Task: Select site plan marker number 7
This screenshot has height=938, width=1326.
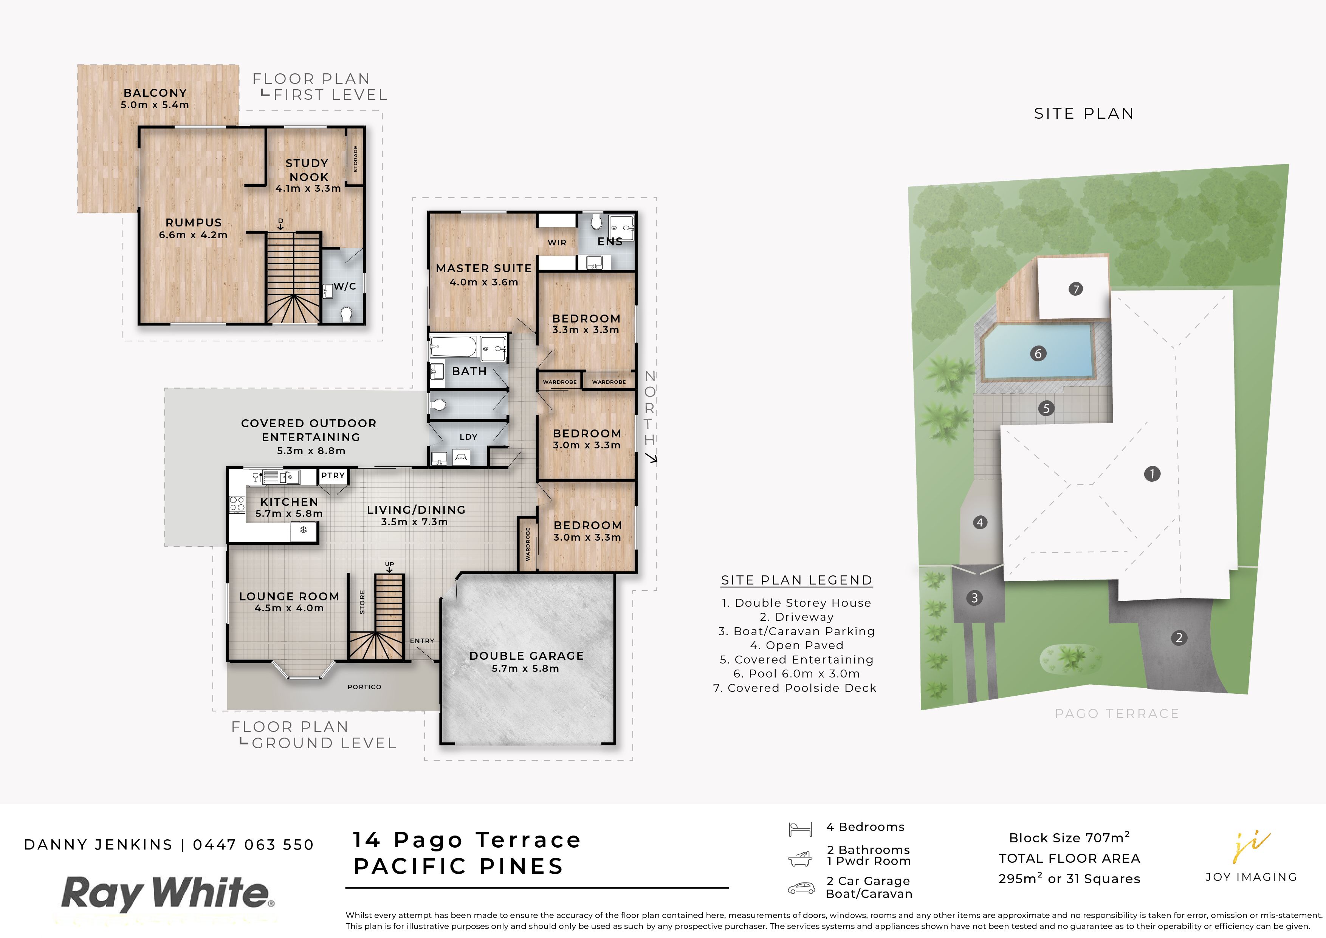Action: point(1075,289)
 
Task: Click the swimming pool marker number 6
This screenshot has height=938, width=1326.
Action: point(1038,353)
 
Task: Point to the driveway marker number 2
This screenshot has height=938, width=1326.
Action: point(1179,638)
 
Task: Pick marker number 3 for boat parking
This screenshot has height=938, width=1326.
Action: point(975,598)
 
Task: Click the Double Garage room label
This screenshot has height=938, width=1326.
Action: point(526,656)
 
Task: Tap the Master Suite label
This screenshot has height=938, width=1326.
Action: point(484,268)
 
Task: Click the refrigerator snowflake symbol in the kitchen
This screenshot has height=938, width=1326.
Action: point(303,530)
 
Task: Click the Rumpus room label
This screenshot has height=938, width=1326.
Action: point(194,222)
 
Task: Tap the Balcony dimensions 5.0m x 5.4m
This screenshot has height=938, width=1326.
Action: point(155,105)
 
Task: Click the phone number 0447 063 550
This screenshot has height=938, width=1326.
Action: point(254,845)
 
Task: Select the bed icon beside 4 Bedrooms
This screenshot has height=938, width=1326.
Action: point(801,829)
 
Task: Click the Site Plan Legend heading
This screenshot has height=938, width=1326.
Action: point(796,580)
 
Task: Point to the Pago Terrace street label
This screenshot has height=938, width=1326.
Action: point(1116,713)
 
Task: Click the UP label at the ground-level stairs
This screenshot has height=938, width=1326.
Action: point(390,564)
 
